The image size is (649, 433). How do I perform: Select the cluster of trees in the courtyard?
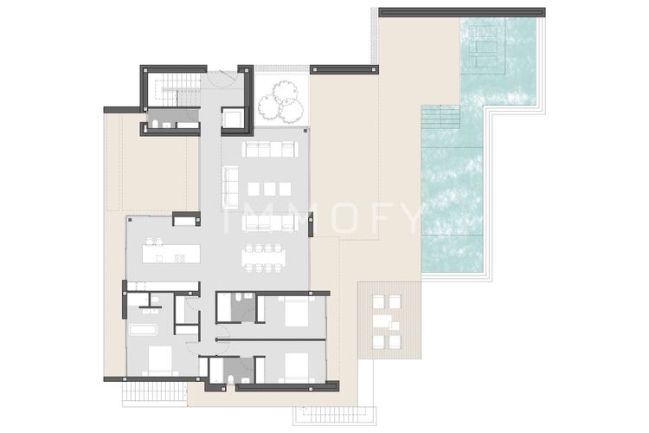pos(281,102)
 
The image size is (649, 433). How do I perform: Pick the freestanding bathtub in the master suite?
pos(143,330)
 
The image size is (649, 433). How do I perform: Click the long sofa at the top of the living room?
pos(269,149)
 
